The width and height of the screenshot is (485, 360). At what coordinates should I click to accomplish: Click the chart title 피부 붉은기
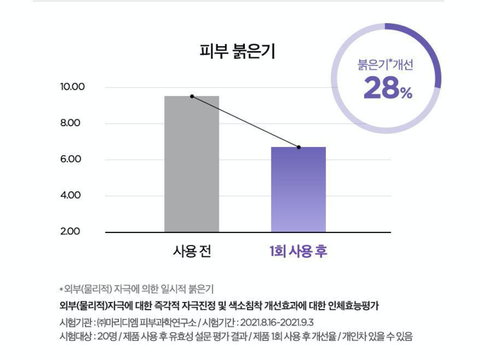[x=237, y=51]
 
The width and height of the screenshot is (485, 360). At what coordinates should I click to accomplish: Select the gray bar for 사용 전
[x=191, y=164]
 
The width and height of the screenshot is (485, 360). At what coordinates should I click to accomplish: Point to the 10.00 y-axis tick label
[x=72, y=87]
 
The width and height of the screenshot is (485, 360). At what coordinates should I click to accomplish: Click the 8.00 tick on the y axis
[x=71, y=123]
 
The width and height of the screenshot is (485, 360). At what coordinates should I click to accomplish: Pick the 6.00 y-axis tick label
[x=71, y=159]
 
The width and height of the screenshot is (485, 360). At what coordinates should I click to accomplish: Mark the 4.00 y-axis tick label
[x=71, y=196]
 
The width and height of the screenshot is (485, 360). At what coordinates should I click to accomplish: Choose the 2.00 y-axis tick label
[x=71, y=232]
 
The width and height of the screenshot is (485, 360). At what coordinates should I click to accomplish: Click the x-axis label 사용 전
[x=191, y=252]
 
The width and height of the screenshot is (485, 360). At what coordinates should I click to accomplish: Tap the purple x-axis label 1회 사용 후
[x=298, y=252]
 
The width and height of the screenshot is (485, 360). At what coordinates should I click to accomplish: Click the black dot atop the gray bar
[x=192, y=96]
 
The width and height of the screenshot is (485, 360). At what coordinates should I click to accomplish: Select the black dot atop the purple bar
[x=299, y=147]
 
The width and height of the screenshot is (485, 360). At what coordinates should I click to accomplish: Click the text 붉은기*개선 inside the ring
[x=385, y=65]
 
